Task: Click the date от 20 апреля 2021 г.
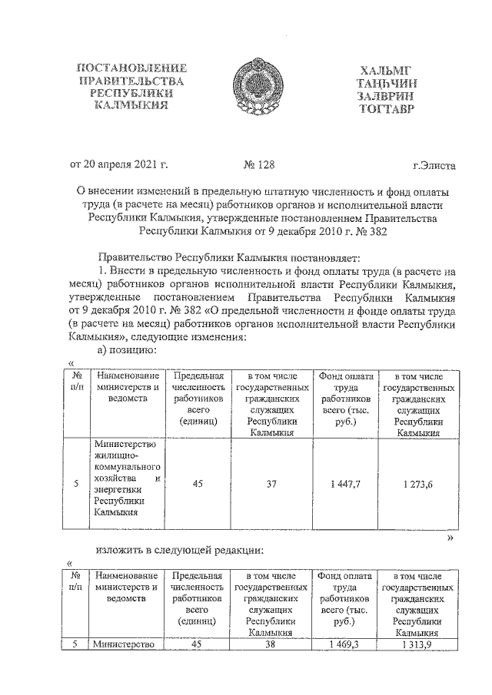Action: click(118, 164)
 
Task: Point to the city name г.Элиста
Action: click(434, 164)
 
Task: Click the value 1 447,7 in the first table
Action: click(344, 484)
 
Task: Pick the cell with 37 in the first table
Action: click(271, 484)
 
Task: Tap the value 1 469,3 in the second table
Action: click(344, 644)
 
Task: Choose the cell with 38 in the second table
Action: click(271, 644)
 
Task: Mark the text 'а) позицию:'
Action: click(126, 350)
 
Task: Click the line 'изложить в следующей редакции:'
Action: click(180, 550)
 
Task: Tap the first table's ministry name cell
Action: click(126, 479)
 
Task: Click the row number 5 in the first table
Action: click(75, 484)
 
